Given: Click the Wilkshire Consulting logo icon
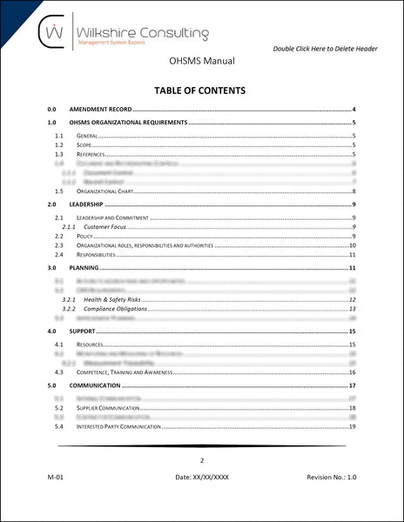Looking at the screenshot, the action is pos(56,33).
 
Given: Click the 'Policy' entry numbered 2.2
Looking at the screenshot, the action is pos(85,236).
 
